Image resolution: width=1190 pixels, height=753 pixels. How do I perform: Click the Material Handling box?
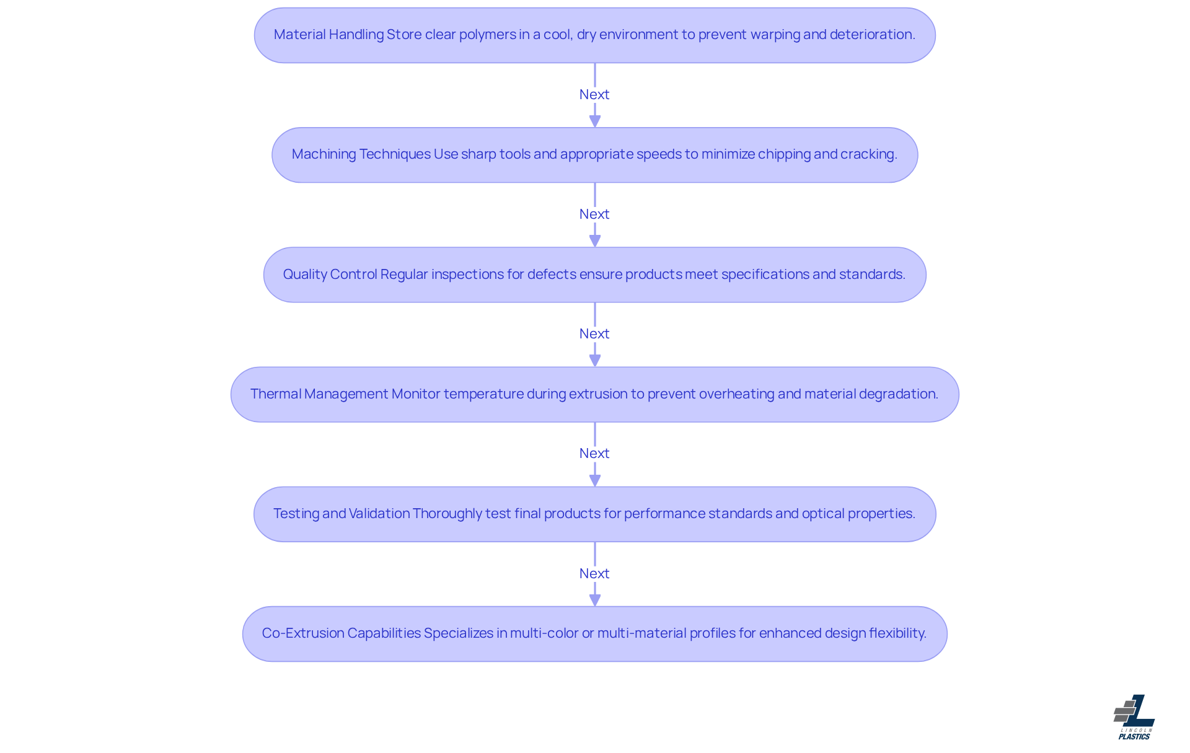[x=595, y=35]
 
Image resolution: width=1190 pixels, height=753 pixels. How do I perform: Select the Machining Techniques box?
[x=595, y=155]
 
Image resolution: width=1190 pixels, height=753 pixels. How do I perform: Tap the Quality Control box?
[x=595, y=275]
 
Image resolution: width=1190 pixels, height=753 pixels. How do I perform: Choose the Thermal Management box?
[x=595, y=394]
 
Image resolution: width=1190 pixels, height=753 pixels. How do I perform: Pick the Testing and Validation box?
[x=595, y=514]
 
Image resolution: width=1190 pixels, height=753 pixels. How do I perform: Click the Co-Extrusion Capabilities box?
[x=595, y=633]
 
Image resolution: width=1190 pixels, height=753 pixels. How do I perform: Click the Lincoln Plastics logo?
[x=1134, y=717]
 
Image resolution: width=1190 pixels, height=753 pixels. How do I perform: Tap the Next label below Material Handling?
[x=594, y=94]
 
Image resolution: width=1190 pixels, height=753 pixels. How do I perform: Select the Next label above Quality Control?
[x=594, y=214]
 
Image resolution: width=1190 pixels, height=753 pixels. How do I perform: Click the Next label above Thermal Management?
[x=594, y=333]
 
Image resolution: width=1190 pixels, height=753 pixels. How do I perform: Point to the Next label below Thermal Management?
[x=594, y=453]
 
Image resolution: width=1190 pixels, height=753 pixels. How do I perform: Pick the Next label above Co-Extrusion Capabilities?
[x=594, y=573]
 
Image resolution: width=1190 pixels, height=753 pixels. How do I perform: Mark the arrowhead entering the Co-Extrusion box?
[x=595, y=600]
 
